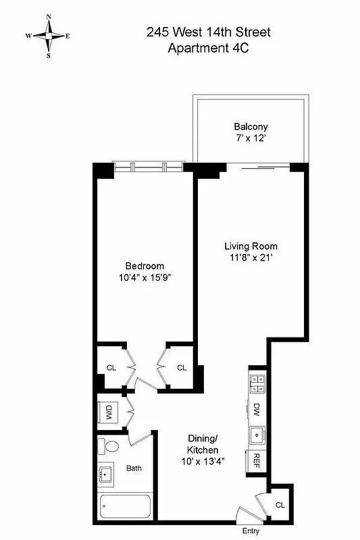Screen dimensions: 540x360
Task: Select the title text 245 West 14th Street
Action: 203,32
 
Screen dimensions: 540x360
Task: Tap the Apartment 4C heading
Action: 203,48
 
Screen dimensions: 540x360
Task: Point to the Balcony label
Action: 251,126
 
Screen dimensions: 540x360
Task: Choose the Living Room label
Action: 251,246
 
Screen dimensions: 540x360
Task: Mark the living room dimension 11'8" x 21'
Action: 251,258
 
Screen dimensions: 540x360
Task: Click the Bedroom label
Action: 145,265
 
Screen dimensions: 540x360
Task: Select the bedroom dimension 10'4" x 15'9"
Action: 145,277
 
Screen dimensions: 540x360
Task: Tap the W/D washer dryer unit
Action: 108,412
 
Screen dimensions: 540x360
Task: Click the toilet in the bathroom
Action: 109,446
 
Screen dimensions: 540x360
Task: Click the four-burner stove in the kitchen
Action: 257,383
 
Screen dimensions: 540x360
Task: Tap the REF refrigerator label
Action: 257,460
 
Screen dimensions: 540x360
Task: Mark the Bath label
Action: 132,468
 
